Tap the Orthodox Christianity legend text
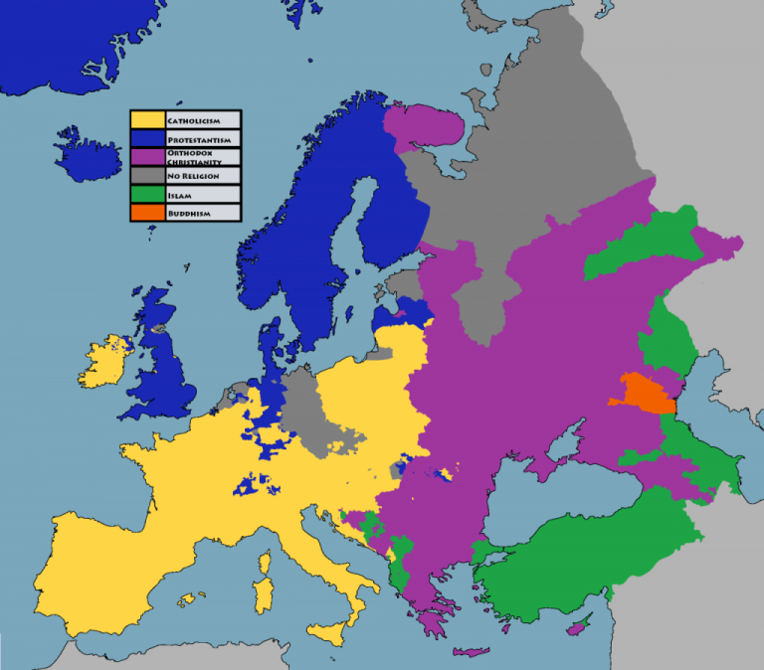[x=194, y=158]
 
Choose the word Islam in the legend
[x=179, y=196]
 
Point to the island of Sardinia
[x=265, y=595]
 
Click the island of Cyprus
[x=575, y=627]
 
